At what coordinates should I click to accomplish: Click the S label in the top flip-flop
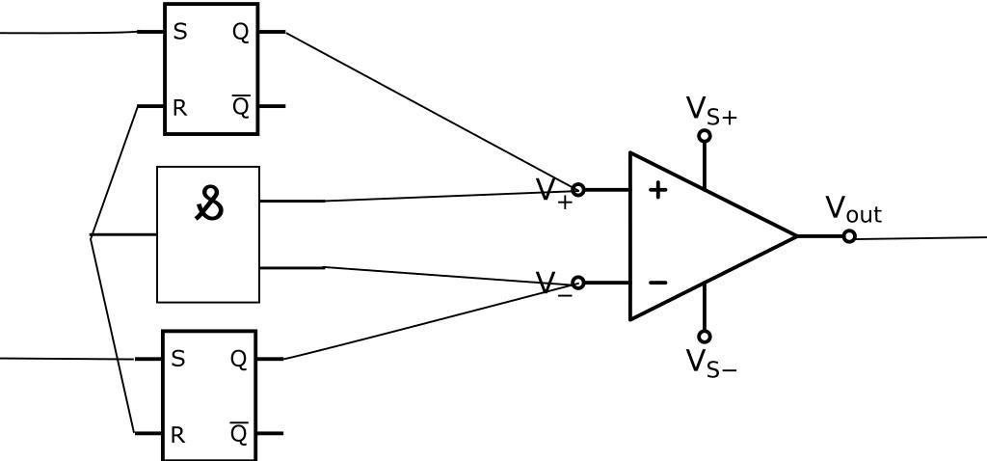[x=180, y=32]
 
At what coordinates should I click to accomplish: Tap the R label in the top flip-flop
[x=179, y=108]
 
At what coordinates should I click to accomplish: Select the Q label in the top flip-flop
[x=240, y=32]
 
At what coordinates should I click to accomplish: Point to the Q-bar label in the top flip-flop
[x=241, y=106]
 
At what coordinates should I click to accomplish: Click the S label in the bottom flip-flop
[x=177, y=359]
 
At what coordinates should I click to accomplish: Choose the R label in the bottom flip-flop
[x=177, y=435]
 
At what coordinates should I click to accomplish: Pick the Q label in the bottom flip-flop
[x=238, y=359]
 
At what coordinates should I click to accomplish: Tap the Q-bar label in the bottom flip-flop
[x=239, y=434]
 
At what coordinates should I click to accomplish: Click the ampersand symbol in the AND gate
[x=209, y=203]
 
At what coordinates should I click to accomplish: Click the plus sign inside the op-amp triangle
[x=657, y=190]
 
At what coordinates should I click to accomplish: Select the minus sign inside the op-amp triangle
[x=657, y=283]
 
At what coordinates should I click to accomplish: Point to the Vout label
[x=853, y=209]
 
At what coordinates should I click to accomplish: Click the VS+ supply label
[x=711, y=110]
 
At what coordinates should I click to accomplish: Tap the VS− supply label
[x=711, y=363]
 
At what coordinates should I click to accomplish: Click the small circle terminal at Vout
[x=849, y=236]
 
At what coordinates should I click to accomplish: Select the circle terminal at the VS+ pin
[x=705, y=136]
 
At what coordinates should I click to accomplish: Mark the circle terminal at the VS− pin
[x=705, y=337]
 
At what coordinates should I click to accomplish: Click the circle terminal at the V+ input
[x=578, y=190]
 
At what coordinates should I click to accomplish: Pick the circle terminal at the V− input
[x=578, y=283]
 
